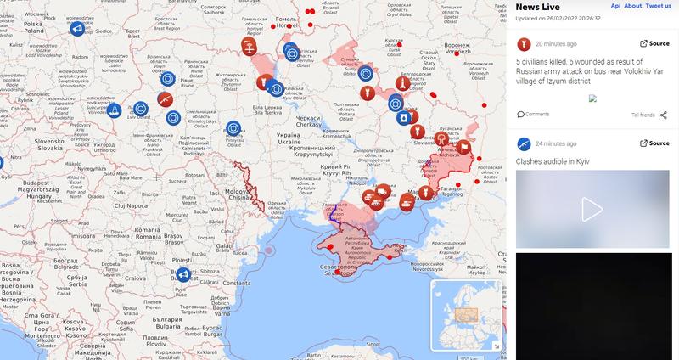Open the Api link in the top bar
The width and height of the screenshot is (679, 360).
(615, 5)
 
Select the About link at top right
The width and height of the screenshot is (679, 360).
(633, 5)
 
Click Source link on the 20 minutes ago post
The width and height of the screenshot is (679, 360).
(654, 44)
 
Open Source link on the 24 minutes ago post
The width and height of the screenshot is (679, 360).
(654, 143)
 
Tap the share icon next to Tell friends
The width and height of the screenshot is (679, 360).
(664, 114)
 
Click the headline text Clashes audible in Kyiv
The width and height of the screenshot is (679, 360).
(553, 160)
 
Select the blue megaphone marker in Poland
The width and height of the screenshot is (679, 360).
(76, 30)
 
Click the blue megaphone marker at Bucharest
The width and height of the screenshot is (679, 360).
(182, 274)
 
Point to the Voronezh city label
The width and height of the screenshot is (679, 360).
(457, 45)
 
